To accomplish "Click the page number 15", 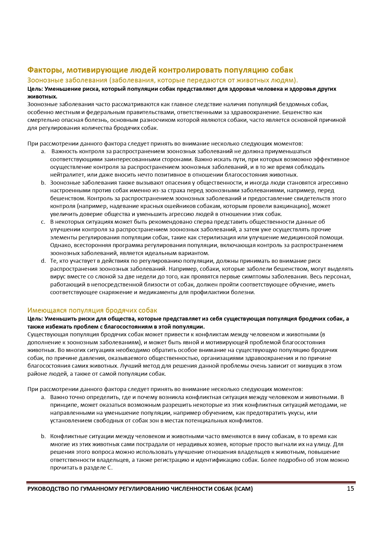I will click(x=350, y=489).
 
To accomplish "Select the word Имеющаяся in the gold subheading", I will click(x=47, y=310).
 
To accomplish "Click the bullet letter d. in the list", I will click(x=43, y=261).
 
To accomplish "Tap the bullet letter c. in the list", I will click(x=43, y=222).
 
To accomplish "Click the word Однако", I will click(x=61, y=245).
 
